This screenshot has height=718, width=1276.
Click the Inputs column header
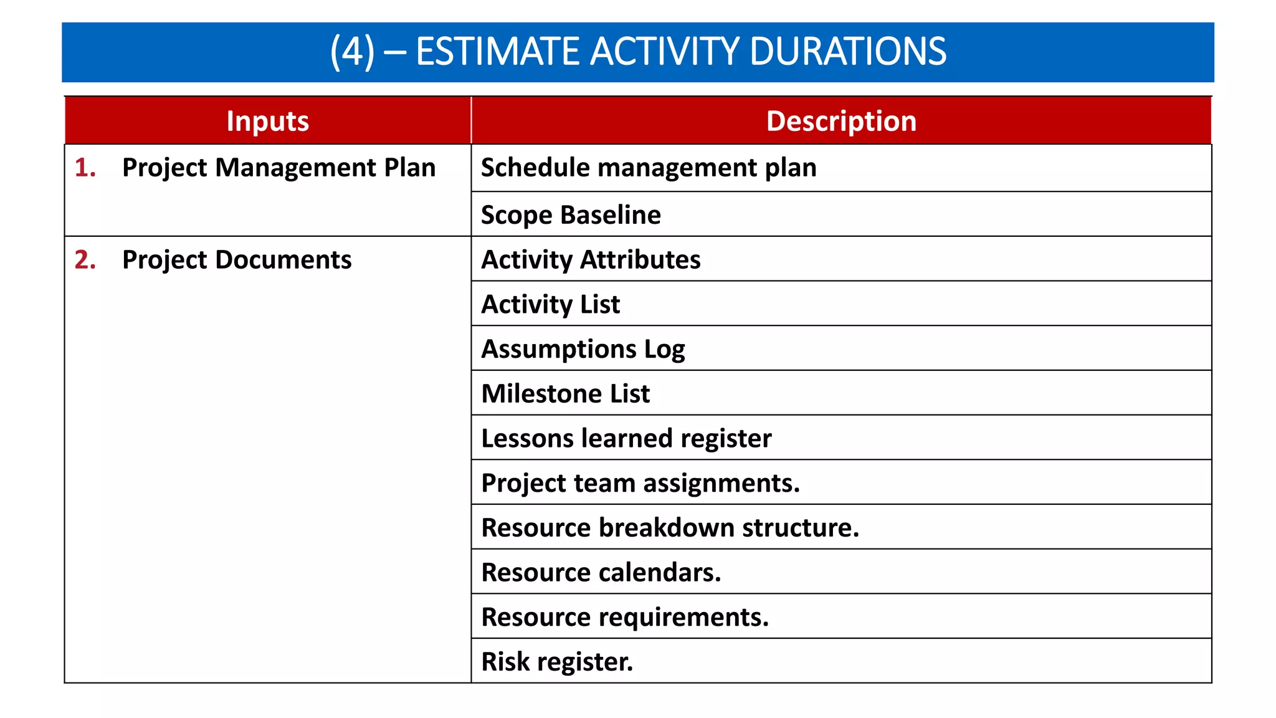tap(268, 121)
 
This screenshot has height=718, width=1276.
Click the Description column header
tap(841, 121)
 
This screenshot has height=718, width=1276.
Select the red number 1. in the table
tap(85, 168)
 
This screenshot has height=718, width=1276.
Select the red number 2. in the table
tap(85, 260)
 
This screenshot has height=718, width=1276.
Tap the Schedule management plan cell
tap(649, 168)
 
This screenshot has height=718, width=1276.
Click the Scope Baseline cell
tap(571, 215)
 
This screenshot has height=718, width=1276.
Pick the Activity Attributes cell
tap(591, 260)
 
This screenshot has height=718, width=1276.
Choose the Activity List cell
tap(551, 305)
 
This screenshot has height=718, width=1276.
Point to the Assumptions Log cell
tap(583, 349)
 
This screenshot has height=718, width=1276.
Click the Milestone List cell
tap(566, 394)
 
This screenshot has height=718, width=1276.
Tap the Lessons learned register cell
tap(626, 438)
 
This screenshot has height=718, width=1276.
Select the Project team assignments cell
tap(640, 483)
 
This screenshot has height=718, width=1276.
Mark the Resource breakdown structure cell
tap(670, 528)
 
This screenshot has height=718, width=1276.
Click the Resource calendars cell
tap(601, 572)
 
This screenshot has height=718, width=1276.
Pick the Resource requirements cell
tap(625, 617)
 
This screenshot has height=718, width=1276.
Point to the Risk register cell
tap(557, 662)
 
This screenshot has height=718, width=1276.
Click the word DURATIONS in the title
tap(848, 51)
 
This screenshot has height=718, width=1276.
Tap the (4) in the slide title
tap(352, 51)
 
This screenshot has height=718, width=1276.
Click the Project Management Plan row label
tap(279, 168)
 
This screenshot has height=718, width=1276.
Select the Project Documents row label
tap(237, 260)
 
